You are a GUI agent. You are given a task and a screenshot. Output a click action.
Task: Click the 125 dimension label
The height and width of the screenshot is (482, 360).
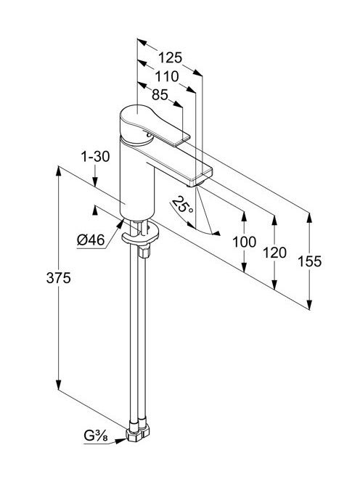(170, 57)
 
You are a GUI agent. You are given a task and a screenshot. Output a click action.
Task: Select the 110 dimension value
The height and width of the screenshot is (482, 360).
(167, 76)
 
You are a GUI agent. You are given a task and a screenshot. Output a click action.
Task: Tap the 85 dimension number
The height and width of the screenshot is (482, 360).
(160, 95)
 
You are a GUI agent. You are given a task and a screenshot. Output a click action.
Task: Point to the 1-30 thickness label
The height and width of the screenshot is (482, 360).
(95, 157)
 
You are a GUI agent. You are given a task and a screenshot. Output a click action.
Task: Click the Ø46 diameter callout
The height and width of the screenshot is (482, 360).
(91, 240)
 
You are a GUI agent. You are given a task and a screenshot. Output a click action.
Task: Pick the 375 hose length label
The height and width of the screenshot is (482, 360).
(58, 278)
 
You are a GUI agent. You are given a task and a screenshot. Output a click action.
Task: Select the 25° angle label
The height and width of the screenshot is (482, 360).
(183, 205)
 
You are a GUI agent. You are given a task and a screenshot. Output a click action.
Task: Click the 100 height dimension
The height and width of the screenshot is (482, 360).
(244, 242)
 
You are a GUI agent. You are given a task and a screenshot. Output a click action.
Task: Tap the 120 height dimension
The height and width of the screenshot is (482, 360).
(274, 253)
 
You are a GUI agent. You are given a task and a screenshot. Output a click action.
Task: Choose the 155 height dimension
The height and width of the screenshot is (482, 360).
(310, 261)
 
